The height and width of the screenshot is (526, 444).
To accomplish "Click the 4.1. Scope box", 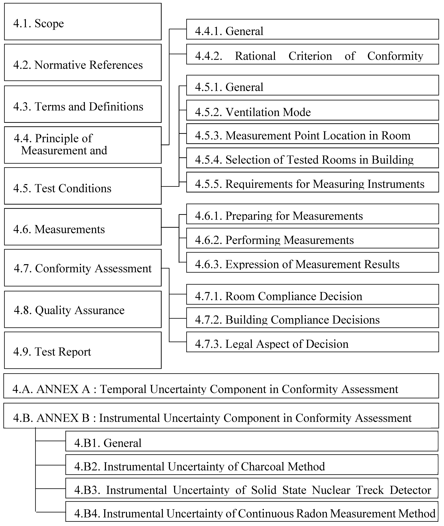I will [83, 22].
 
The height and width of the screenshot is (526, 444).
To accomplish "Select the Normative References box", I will [83, 62].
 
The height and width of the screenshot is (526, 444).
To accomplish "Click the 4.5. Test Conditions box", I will [83, 186].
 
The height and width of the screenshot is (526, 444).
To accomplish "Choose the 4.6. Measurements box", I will [83, 227].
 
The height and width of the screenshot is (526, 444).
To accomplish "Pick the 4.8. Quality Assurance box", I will [83, 310].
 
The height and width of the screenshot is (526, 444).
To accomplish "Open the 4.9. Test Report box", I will [83, 351].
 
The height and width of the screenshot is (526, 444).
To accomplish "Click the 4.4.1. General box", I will [312, 30].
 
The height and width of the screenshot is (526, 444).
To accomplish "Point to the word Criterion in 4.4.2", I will [310, 56].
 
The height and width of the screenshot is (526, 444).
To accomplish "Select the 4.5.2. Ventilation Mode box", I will [312, 110].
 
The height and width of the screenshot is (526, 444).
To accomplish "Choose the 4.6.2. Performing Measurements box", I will [312, 239].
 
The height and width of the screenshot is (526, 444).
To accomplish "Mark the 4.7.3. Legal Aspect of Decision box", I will [312, 342].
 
